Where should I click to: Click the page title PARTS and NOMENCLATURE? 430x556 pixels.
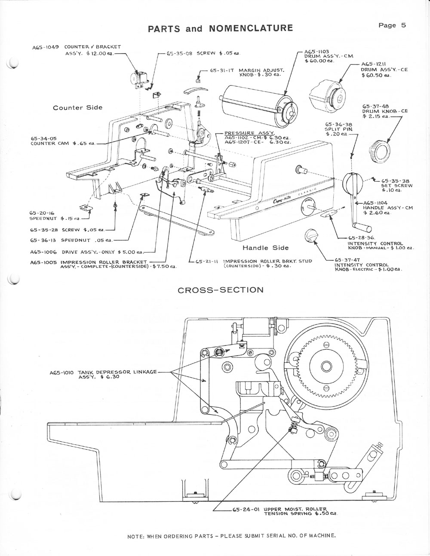[220, 28]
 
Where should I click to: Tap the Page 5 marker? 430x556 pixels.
[392, 25]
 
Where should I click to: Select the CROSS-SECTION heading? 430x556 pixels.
[221, 290]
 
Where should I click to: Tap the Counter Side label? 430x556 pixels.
[78, 107]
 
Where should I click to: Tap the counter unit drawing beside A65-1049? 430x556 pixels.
[141, 80]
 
